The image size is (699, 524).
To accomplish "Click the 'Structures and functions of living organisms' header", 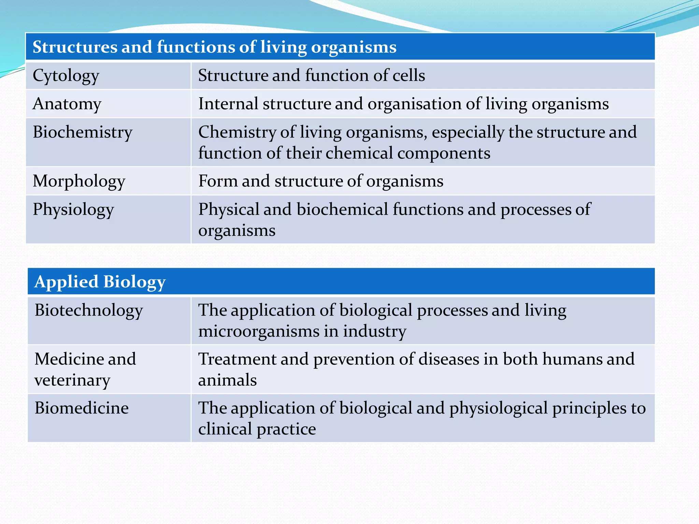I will pyautogui.click(x=214, y=47).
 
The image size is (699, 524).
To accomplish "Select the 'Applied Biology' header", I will pyautogui.click(x=100, y=282).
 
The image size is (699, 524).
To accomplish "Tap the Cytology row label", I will pyautogui.click(x=66, y=76).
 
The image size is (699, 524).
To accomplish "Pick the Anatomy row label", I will pyautogui.click(x=67, y=104).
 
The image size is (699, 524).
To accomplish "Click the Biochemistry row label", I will pyautogui.click(x=82, y=132).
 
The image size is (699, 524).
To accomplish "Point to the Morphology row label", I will pyautogui.click(x=79, y=181).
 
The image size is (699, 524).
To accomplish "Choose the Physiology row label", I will pyautogui.click(x=73, y=209).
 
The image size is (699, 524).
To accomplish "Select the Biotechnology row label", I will pyautogui.click(x=88, y=310).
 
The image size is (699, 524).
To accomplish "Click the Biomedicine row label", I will pyautogui.click(x=82, y=408).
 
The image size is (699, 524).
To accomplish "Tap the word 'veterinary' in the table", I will pyautogui.click(x=72, y=380).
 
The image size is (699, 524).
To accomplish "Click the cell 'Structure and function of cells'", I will pyautogui.click(x=311, y=75).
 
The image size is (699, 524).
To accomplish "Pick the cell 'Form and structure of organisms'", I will pyautogui.click(x=320, y=181).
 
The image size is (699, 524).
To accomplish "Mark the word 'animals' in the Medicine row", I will pyautogui.click(x=227, y=380).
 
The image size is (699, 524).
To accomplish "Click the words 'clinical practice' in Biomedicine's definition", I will pyautogui.click(x=257, y=429).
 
